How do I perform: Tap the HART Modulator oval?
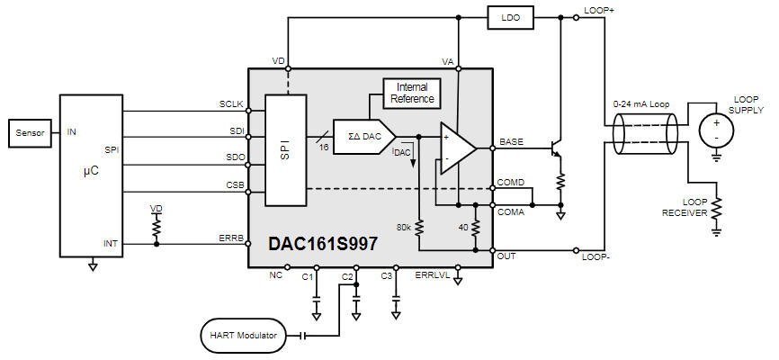[x=242, y=336]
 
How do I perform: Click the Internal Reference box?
[x=412, y=93]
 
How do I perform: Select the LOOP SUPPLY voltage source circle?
[x=716, y=129]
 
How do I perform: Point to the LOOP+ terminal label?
[x=599, y=10]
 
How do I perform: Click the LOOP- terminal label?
[x=598, y=257]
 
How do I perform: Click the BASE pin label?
[x=510, y=141]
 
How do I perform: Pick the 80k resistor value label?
[x=402, y=228]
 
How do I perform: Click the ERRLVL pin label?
[x=430, y=274]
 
